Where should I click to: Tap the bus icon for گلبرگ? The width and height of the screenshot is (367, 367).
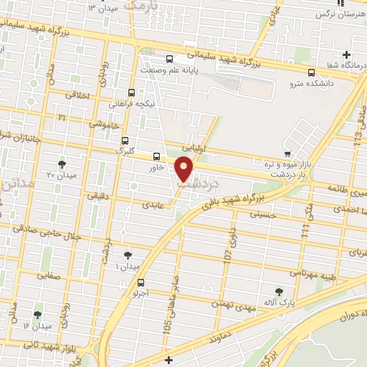(x=125, y=140)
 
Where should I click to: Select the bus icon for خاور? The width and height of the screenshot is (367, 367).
(x=157, y=156)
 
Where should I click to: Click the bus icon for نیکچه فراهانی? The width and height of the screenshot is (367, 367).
(x=131, y=92)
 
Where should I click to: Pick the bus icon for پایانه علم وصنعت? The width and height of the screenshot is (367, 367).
(x=169, y=59)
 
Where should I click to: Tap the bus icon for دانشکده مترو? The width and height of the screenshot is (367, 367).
(x=311, y=72)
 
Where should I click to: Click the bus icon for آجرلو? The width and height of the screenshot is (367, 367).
(x=140, y=282)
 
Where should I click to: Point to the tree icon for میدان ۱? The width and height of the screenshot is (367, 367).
(x=128, y=255)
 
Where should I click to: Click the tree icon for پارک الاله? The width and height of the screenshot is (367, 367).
(x=280, y=291)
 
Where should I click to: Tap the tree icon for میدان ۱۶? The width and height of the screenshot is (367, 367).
(x=37, y=315)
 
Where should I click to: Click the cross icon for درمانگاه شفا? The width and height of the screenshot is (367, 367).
(x=347, y=54)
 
